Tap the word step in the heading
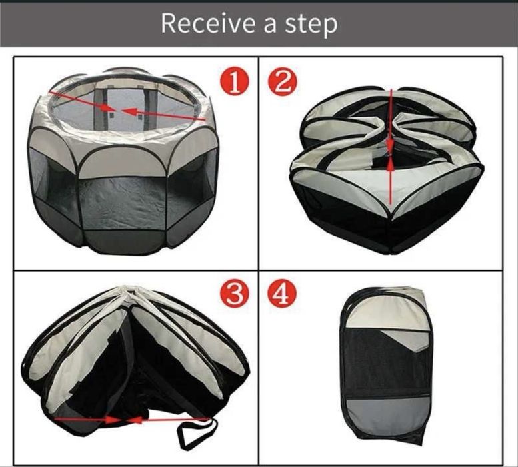click(x=311, y=25)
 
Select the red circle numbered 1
click(x=234, y=82)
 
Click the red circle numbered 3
click(x=234, y=294)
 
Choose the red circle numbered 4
click(x=282, y=294)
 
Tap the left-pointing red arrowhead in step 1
click(x=130, y=112)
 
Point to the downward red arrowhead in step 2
click(x=391, y=143)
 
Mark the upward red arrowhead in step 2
click(x=391, y=164)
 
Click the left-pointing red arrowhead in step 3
click(x=135, y=420)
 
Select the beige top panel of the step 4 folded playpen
click(x=387, y=312)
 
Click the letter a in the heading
click(x=270, y=27)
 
